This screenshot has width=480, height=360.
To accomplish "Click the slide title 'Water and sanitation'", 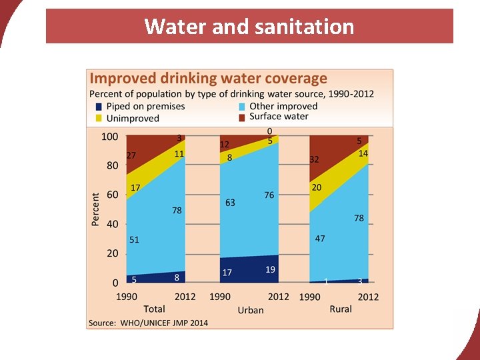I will coord(249,27).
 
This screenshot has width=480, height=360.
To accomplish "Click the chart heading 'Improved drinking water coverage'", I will coord(209,79).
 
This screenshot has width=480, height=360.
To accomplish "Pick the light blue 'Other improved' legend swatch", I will coord(243,107).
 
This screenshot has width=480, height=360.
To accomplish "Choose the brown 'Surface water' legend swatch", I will coord(243,117).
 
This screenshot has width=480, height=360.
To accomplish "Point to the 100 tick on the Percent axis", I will coord(109,137).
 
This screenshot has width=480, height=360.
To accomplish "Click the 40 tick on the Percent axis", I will coord(112,225).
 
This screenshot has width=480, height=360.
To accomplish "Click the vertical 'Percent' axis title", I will coord(95,209).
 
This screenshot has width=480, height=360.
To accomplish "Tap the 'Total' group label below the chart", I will coord(154,309).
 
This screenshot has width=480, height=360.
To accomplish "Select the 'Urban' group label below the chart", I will coord(251,310).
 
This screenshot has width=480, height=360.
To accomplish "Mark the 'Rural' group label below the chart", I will coord(341,309).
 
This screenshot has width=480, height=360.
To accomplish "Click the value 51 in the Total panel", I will coord(134,240).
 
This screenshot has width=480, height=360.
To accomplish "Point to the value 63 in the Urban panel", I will coord(230,203).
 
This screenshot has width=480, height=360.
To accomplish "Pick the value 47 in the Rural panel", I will coord(320,239).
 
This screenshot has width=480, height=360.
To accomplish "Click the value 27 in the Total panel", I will coord(132,155).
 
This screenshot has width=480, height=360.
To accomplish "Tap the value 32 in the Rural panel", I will coord(315,159).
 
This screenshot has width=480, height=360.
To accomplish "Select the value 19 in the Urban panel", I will coord(270,269).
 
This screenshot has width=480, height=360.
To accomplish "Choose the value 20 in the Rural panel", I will coord(316,188).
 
